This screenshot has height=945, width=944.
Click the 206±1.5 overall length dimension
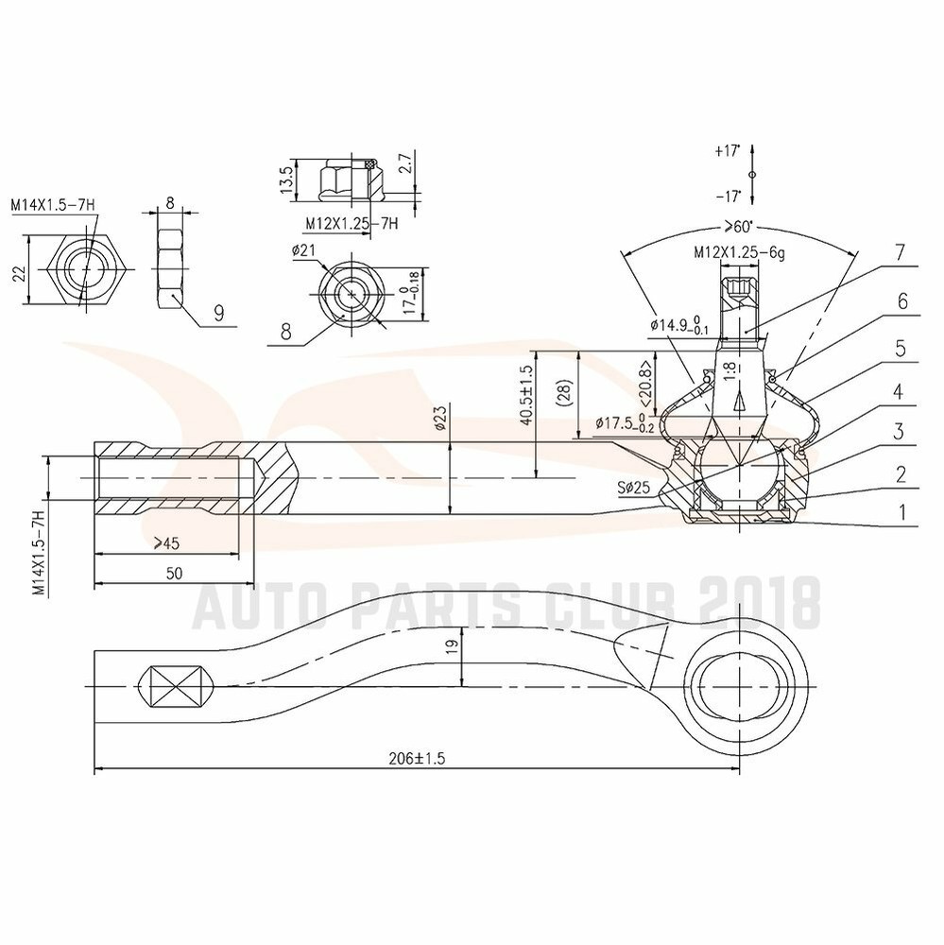[417, 758]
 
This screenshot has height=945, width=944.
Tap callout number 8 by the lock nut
[286, 332]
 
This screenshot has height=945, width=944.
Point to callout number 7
[900, 252]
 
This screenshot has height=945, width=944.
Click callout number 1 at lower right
[902, 513]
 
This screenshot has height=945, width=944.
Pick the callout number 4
[898, 392]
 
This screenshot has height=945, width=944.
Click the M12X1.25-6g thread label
[739, 252]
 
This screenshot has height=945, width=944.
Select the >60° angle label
[739, 227]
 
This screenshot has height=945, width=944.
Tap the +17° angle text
[728, 150]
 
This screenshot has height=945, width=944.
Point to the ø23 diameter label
[439, 417]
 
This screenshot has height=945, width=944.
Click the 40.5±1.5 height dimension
[526, 395]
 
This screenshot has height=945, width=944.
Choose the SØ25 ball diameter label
[633, 487]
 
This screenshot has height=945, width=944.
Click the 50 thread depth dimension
[174, 573]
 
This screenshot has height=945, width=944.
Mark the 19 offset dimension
[452, 646]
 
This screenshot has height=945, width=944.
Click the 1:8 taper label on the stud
[730, 370]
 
